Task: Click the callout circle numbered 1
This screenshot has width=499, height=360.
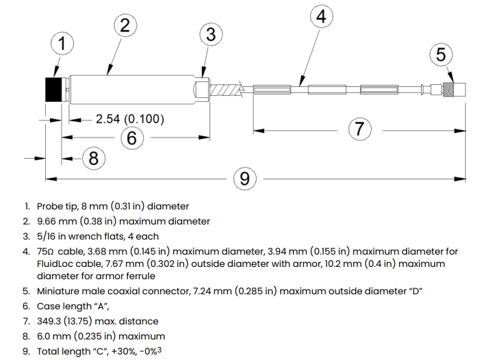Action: [62, 44]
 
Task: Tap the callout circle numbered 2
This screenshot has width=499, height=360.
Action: [125, 26]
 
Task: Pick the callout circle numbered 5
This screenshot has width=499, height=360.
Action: [442, 53]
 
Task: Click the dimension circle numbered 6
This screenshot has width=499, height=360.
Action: [133, 138]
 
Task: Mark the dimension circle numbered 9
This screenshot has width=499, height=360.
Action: [244, 179]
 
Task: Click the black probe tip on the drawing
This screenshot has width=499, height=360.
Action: [53, 89]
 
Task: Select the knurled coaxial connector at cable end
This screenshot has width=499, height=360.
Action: [449, 88]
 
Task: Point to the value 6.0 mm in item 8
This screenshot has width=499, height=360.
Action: [55, 336]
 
